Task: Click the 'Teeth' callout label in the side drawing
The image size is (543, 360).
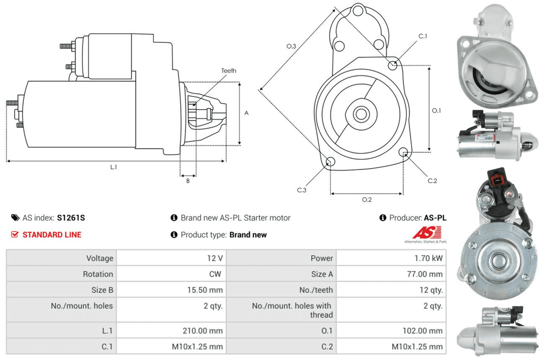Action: [229, 71]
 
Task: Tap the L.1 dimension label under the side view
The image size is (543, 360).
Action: [113, 167]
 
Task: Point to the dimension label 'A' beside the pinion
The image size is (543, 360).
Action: [246, 113]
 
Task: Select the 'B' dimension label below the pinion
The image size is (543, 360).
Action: [188, 181]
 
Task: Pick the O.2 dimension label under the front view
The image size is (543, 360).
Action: [367, 199]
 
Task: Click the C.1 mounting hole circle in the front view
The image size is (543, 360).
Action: [393, 65]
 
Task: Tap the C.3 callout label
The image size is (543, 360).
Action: [302, 190]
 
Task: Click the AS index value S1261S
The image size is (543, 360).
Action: [71, 218]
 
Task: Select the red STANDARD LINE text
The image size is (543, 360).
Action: [52, 235]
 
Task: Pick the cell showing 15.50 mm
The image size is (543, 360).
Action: [204, 290]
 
